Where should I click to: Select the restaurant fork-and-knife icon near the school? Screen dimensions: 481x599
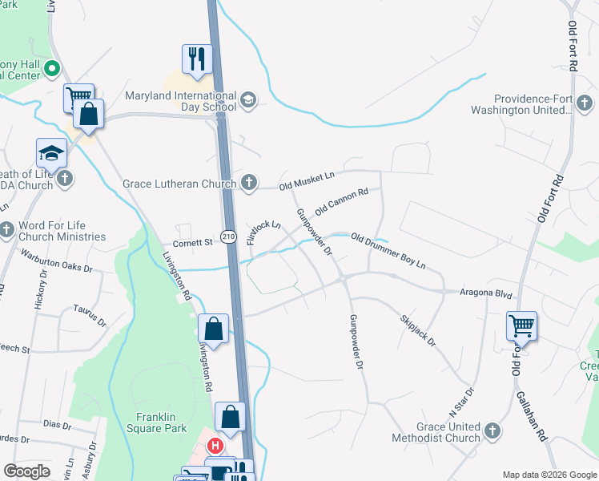pos(195,59)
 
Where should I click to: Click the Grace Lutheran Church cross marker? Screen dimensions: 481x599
pos(249,182)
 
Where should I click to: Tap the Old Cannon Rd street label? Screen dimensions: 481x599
pos(341,201)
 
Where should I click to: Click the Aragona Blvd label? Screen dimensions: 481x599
pos(486,294)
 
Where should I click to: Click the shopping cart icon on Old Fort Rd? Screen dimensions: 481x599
pos(521,326)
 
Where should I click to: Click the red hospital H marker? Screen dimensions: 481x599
pos(215,446)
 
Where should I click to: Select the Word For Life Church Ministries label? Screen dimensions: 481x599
pos(62,231)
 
